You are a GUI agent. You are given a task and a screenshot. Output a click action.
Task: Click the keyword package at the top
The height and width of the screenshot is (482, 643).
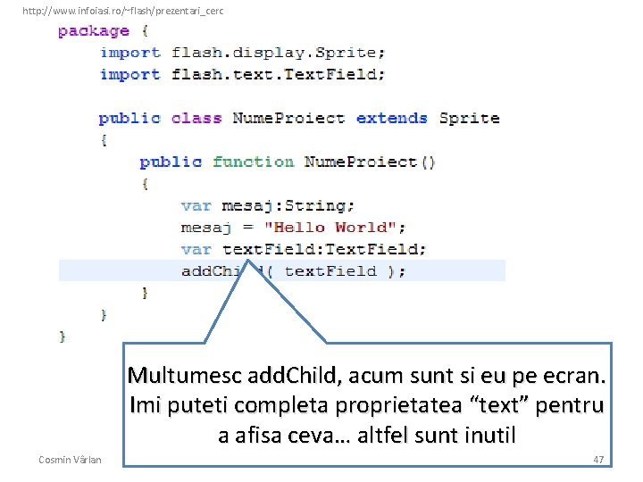click(x=94, y=31)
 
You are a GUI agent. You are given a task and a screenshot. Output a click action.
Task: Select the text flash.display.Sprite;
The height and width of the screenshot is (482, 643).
click(x=278, y=53)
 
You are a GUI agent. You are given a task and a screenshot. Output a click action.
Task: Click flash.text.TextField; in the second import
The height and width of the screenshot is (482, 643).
click(x=278, y=74)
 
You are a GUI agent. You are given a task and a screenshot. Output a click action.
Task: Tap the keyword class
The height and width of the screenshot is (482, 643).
click(x=196, y=118)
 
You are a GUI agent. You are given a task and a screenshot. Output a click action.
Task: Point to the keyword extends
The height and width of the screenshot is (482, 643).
click(x=391, y=118)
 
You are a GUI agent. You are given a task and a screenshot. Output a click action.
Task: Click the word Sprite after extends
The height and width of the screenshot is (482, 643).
click(x=469, y=118)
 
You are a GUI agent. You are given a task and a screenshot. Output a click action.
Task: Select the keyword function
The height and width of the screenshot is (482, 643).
click(x=253, y=162)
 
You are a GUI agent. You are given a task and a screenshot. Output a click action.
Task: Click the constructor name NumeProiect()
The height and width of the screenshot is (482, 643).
click(x=370, y=162)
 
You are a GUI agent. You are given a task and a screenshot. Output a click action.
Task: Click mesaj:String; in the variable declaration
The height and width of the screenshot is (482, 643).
click(x=288, y=205)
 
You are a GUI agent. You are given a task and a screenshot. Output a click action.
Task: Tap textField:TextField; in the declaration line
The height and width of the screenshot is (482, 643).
click(x=324, y=249)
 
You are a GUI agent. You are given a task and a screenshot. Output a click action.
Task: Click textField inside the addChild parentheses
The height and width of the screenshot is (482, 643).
click(x=330, y=270)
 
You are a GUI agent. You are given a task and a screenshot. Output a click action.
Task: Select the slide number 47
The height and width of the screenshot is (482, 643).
click(x=598, y=459)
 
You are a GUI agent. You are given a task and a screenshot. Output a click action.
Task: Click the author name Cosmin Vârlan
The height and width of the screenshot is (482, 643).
click(x=71, y=459)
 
